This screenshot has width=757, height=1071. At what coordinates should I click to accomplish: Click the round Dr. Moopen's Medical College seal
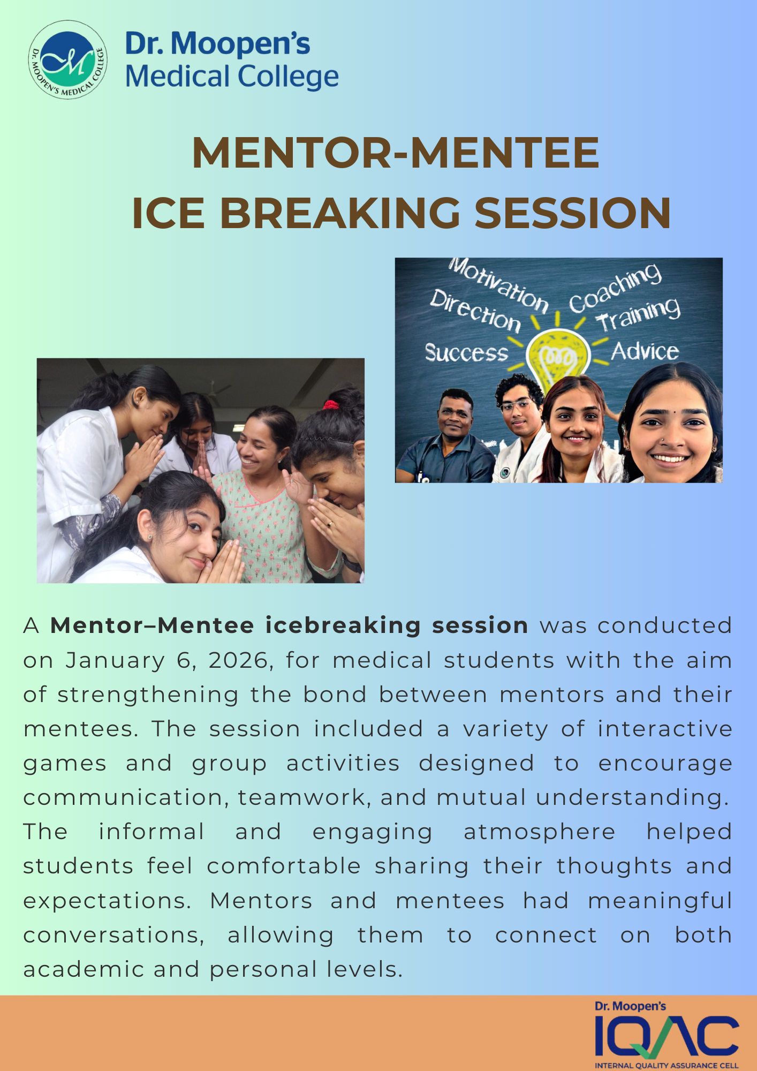coord(67,59)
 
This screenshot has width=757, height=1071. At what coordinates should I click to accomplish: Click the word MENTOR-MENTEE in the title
coord(395,153)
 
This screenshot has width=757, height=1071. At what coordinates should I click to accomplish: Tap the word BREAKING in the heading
coord(340,213)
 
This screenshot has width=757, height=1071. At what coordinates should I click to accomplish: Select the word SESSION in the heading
coord(572,213)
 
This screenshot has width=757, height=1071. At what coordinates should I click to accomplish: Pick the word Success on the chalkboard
coord(466,353)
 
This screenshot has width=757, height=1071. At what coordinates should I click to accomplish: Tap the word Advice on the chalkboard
coord(645,352)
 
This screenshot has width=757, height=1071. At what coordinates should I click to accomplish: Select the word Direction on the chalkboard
coord(475,311)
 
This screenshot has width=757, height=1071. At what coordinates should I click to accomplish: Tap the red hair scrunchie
coord(330,404)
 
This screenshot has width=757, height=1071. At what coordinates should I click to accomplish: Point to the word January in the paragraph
coord(115,660)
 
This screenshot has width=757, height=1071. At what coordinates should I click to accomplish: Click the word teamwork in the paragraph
coord(302,797)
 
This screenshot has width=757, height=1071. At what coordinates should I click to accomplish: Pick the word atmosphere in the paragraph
coord(539,832)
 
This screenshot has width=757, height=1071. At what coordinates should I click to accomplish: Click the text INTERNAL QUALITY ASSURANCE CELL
coord(667,1065)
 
